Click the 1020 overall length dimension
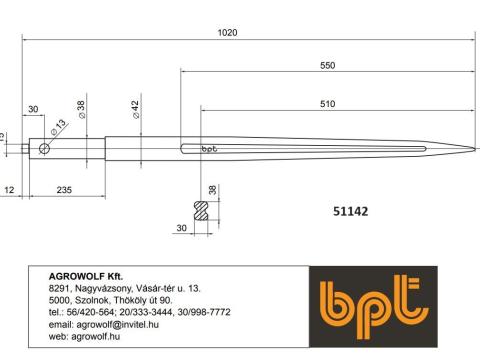[x=228, y=33]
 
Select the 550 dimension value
[x=327, y=65]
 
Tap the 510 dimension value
[x=327, y=104]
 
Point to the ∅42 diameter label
[x=135, y=109]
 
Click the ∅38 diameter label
[x=81, y=109]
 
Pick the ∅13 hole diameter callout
[x=59, y=127]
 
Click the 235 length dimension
[x=64, y=190]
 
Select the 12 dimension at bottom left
[x=9, y=190]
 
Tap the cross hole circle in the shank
[x=44, y=148]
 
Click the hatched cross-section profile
[x=201, y=211]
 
